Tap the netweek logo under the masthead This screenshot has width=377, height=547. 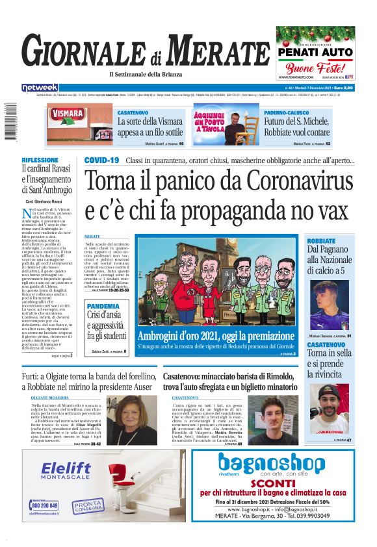pos(58,87)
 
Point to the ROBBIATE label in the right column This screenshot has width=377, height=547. pos(321,240)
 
